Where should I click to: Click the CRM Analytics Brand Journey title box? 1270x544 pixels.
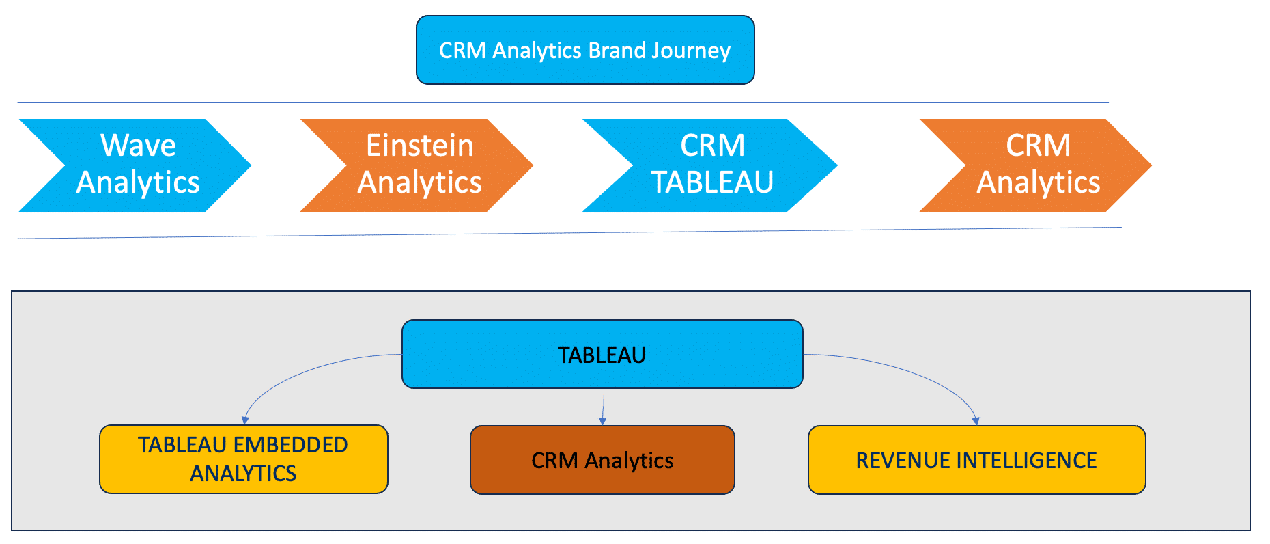click(585, 50)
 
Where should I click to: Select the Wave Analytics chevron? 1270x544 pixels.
click(135, 165)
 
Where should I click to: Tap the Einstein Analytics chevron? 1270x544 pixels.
click(417, 165)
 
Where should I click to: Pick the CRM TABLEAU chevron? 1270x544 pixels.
click(710, 165)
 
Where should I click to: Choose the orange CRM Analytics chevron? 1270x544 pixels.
click(1036, 165)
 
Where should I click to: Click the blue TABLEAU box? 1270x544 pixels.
click(602, 354)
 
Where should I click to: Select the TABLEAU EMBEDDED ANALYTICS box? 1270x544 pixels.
click(244, 459)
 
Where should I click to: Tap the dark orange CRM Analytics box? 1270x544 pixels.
click(602, 460)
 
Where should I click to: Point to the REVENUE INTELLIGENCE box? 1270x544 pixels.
click(976, 460)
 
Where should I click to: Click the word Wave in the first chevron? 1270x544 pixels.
click(139, 146)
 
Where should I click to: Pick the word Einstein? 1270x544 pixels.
click(420, 146)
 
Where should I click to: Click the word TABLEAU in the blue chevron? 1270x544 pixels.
click(712, 182)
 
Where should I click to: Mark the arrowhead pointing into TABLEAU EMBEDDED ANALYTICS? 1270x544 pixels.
click(245, 420)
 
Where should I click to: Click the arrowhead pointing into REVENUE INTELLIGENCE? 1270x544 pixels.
click(976, 421)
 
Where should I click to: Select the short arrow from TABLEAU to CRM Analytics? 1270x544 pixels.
click(604, 407)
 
